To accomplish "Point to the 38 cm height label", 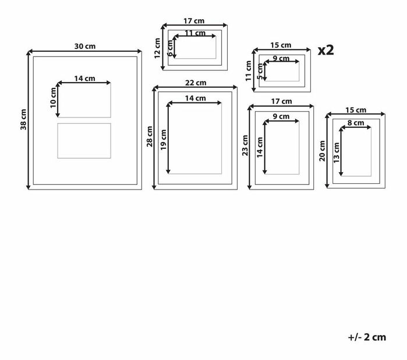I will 23,120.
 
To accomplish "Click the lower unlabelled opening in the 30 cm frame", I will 84,140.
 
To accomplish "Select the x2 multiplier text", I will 326,50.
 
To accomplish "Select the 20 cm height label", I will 322,149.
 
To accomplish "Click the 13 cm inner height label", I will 336,152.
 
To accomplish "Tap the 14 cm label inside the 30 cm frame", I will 85,79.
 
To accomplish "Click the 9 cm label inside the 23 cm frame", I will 281,116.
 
